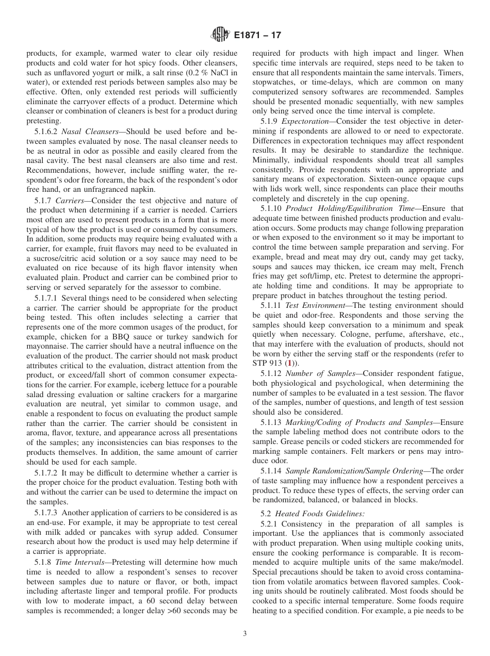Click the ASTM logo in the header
(220, 35)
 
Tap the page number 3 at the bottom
(245, 633)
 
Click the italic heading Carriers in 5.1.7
(70, 200)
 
